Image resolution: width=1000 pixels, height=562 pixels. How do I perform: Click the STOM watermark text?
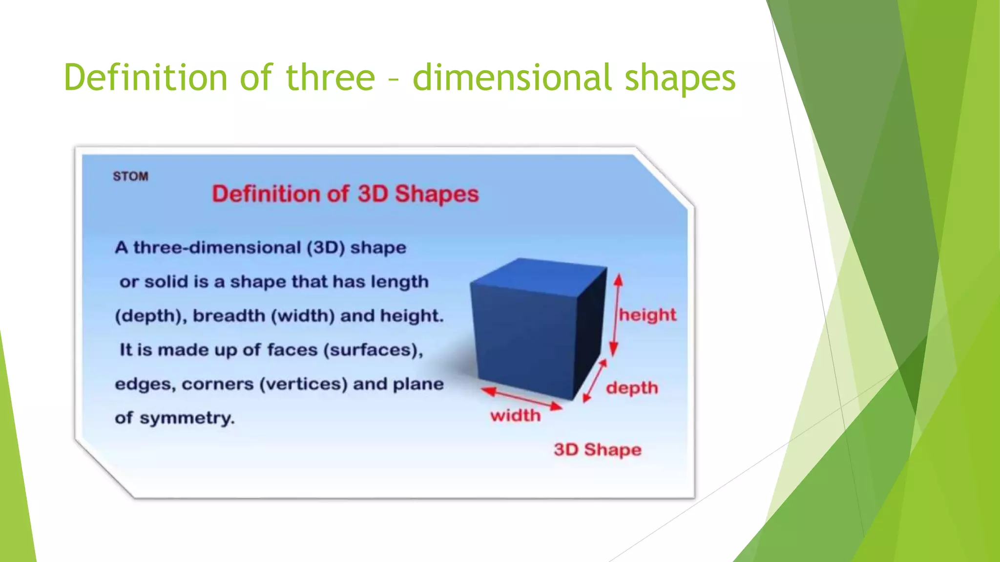click(x=130, y=176)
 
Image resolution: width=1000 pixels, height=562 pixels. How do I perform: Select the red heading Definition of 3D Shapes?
click(x=345, y=194)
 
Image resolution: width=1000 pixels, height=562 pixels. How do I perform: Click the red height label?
click(x=647, y=315)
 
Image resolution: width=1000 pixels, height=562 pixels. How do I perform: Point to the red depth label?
click(x=632, y=388)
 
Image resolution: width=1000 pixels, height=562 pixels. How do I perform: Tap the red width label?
click(x=516, y=416)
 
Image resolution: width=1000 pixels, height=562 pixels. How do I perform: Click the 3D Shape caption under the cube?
click(x=597, y=449)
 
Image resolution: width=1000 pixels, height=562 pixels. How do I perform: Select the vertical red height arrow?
click(x=616, y=315)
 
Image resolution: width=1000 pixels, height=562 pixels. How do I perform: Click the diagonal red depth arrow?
click(x=595, y=381)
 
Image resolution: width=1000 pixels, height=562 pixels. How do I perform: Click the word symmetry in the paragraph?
click(x=187, y=418)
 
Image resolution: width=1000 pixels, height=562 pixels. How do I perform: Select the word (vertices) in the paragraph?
click(x=303, y=384)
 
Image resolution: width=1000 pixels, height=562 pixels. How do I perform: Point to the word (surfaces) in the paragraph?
click(x=373, y=350)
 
